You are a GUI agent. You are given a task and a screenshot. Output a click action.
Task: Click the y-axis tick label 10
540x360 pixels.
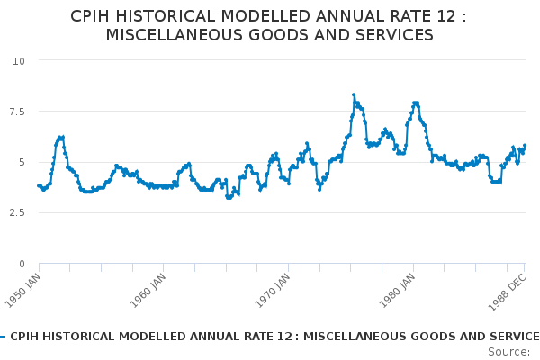[19, 61]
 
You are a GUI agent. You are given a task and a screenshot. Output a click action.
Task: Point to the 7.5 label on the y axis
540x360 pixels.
[17, 112]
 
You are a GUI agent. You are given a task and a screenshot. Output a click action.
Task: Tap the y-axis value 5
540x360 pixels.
[22, 162]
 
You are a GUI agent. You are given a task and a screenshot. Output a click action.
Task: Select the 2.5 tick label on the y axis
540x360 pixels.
[17, 212]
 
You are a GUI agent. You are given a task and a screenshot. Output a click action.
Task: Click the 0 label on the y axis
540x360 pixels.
[22, 264]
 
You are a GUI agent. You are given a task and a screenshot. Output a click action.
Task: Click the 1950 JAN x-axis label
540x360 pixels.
[23, 291]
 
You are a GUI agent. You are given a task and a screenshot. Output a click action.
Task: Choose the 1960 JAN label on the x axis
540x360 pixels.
[148, 291]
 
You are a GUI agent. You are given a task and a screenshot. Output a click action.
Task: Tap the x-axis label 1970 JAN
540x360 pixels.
[273, 291]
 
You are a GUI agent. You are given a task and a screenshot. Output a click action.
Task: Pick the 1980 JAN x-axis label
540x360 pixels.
[398, 291]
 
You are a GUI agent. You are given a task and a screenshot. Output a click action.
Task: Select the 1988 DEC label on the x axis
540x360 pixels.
[508, 292]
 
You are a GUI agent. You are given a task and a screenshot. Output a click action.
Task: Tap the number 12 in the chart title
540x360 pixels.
[446, 16]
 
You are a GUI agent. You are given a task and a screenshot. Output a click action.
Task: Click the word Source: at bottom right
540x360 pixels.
[509, 352]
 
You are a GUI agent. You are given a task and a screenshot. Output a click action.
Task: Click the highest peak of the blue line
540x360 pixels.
[354, 94]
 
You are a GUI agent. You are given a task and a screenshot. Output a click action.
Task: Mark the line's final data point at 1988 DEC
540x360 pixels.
[525, 146]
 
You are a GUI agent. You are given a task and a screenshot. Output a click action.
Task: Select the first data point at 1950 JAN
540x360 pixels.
[39, 185]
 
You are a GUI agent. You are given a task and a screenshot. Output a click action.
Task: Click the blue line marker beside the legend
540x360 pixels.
[3, 337]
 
